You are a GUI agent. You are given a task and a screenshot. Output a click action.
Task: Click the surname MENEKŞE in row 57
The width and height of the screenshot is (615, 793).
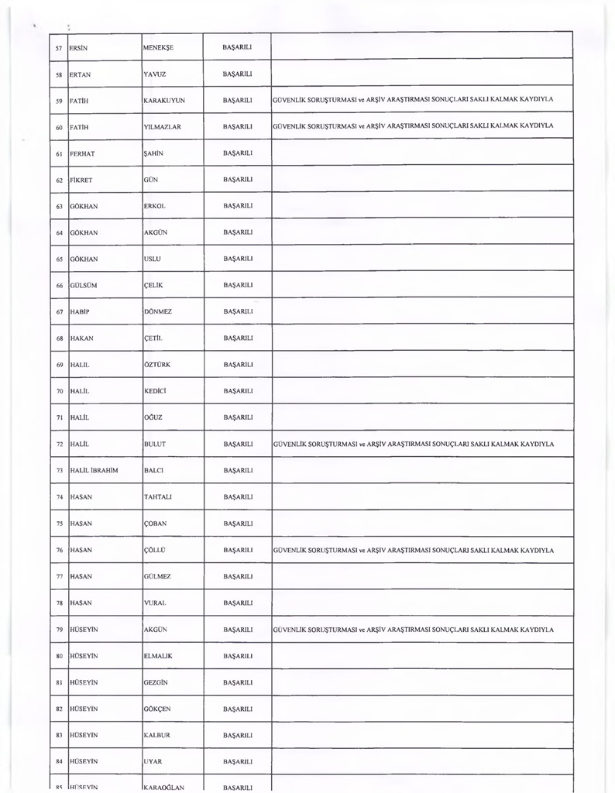159,47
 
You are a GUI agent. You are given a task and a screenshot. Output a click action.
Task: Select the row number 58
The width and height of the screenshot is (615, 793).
59,74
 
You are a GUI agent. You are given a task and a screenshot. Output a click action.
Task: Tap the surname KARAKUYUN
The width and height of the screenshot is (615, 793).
164,101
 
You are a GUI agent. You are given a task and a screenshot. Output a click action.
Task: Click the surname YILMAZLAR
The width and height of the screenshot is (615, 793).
163,127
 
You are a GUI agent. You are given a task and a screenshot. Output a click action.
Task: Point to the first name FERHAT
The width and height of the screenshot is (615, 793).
82,153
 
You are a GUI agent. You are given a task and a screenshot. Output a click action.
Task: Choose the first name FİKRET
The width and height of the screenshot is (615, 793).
81,180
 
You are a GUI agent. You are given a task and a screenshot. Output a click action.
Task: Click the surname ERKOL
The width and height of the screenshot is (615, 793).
155,206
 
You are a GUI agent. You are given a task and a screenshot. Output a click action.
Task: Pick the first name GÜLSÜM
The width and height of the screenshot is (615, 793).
84,286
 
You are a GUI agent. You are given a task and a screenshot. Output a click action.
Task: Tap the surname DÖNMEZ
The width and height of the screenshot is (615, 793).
158,312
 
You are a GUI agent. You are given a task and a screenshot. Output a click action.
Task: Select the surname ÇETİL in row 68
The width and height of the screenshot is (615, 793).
153,338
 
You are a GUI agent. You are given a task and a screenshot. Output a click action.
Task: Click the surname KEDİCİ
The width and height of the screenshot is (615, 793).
156,391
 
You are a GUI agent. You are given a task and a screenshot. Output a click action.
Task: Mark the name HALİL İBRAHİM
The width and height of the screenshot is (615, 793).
94,471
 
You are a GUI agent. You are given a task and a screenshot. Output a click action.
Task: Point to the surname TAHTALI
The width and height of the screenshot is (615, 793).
158,497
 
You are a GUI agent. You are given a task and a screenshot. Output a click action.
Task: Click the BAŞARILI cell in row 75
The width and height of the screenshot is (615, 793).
238,524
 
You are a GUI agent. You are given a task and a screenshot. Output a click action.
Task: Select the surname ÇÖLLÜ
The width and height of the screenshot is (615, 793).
155,551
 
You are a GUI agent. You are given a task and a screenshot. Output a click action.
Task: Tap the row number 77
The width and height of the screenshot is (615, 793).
59,577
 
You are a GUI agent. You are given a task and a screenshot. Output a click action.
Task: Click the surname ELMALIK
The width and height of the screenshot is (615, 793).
158,656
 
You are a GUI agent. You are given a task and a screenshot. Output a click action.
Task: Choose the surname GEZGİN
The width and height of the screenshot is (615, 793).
156,683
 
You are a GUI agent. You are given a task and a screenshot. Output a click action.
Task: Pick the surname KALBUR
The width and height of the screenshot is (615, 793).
157,735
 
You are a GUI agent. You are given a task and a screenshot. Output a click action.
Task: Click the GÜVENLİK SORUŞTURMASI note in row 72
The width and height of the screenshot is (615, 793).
414,445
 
